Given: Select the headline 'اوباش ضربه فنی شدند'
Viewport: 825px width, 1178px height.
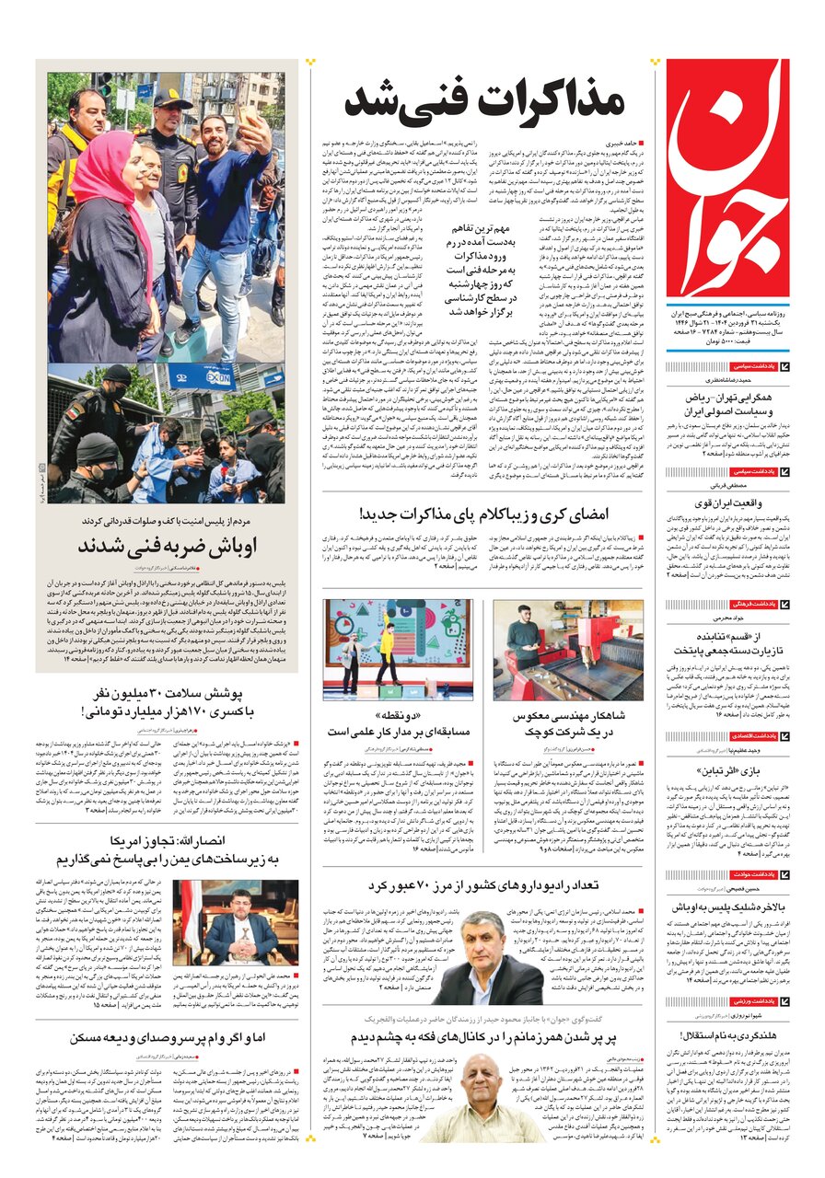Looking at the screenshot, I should click(168, 545).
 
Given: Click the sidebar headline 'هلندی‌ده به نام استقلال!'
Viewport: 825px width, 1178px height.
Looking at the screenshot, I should click(724, 1034).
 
